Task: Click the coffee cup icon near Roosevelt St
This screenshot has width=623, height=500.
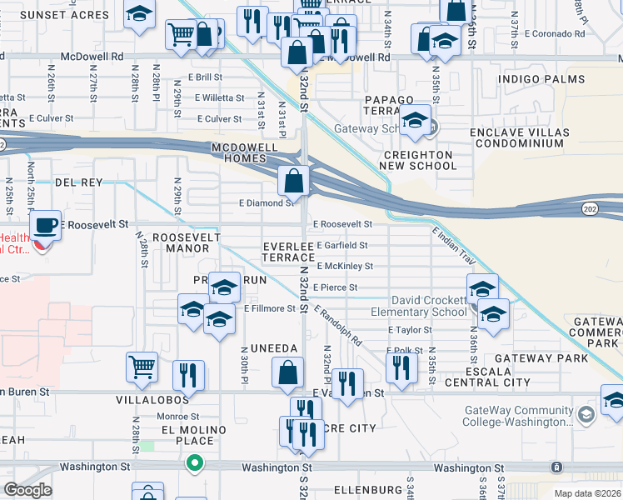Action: point(45,225)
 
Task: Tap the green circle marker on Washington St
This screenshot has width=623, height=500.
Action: point(194,462)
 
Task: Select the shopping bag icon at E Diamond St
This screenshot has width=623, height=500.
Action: point(294,180)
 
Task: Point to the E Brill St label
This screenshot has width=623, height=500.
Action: point(205,77)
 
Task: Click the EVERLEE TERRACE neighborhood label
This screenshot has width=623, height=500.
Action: point(288,252)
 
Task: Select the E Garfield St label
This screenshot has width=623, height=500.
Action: point(341,246)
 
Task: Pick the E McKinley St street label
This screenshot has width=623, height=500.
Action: point(343,267)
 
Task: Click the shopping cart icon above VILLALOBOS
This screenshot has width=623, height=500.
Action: point(142,366)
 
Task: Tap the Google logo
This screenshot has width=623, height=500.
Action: point(27,490)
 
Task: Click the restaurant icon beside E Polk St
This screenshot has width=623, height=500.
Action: point(401,366)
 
